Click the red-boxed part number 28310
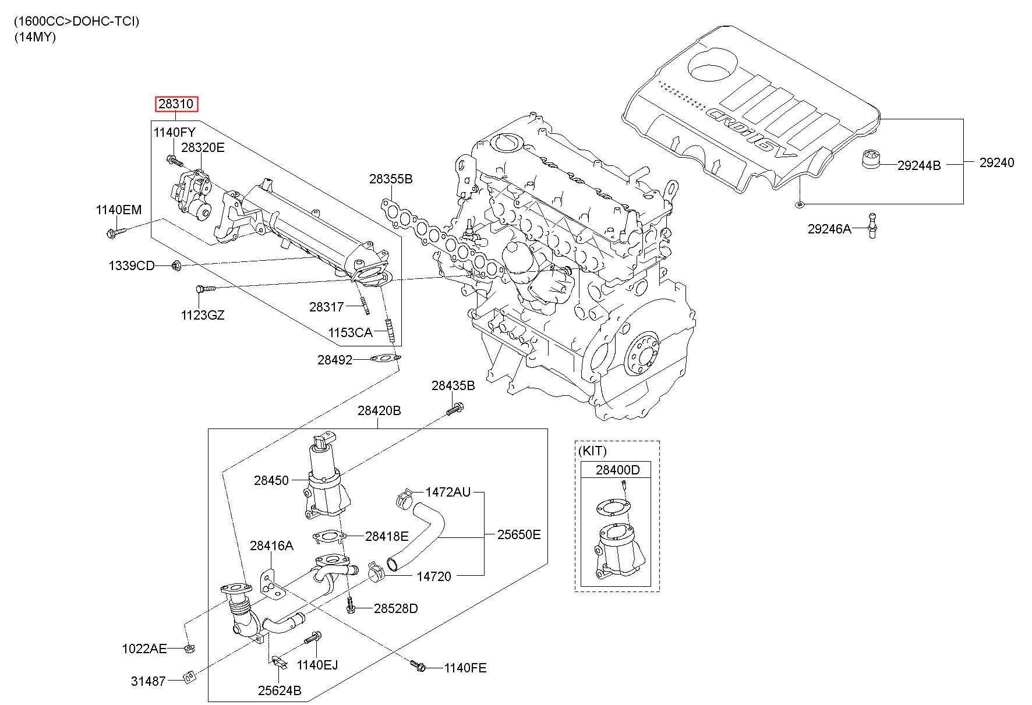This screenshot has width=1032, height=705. [x=176, y=104]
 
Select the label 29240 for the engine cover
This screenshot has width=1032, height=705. [x=996, y=163]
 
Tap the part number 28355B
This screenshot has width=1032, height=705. [x=390, y=179]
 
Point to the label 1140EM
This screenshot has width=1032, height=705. [x=119, y=210]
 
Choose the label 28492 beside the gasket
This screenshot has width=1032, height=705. [x=335, y=360]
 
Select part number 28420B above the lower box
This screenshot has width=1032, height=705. [x=379, y=410]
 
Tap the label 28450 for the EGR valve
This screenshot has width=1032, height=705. [x=271, y=480]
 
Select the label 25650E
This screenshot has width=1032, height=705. [x=519, y=534]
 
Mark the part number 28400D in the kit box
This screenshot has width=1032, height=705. [x=617, y=470]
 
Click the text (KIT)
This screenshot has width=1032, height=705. [x=593, y=451]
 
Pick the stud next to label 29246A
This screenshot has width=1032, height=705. [x=872, y=224]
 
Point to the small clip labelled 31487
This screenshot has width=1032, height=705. [x=189, y=677]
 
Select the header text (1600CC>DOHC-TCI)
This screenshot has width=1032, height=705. [x=77, y=22]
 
